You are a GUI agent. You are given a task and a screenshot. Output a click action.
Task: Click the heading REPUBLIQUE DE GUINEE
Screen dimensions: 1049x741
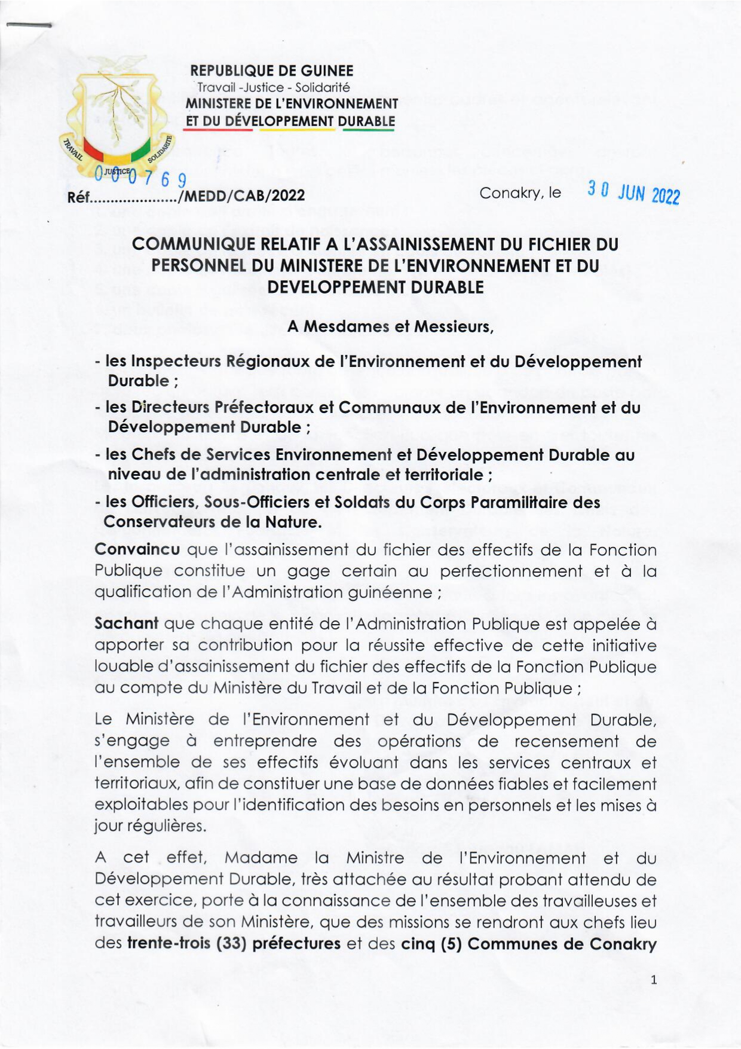(272, 71)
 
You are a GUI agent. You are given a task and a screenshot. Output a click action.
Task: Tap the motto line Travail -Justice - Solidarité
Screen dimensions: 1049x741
(273, 87)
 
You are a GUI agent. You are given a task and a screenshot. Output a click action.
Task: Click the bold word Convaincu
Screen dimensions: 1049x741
(137, 549)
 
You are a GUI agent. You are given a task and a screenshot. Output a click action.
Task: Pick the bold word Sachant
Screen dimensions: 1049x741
(126, 623)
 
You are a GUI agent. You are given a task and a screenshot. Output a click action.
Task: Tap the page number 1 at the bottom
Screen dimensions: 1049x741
(654, 980)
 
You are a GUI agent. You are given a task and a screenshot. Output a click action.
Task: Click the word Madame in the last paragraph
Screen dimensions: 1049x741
(261, 858)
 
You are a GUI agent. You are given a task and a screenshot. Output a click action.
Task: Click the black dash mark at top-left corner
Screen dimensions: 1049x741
(29, 26)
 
